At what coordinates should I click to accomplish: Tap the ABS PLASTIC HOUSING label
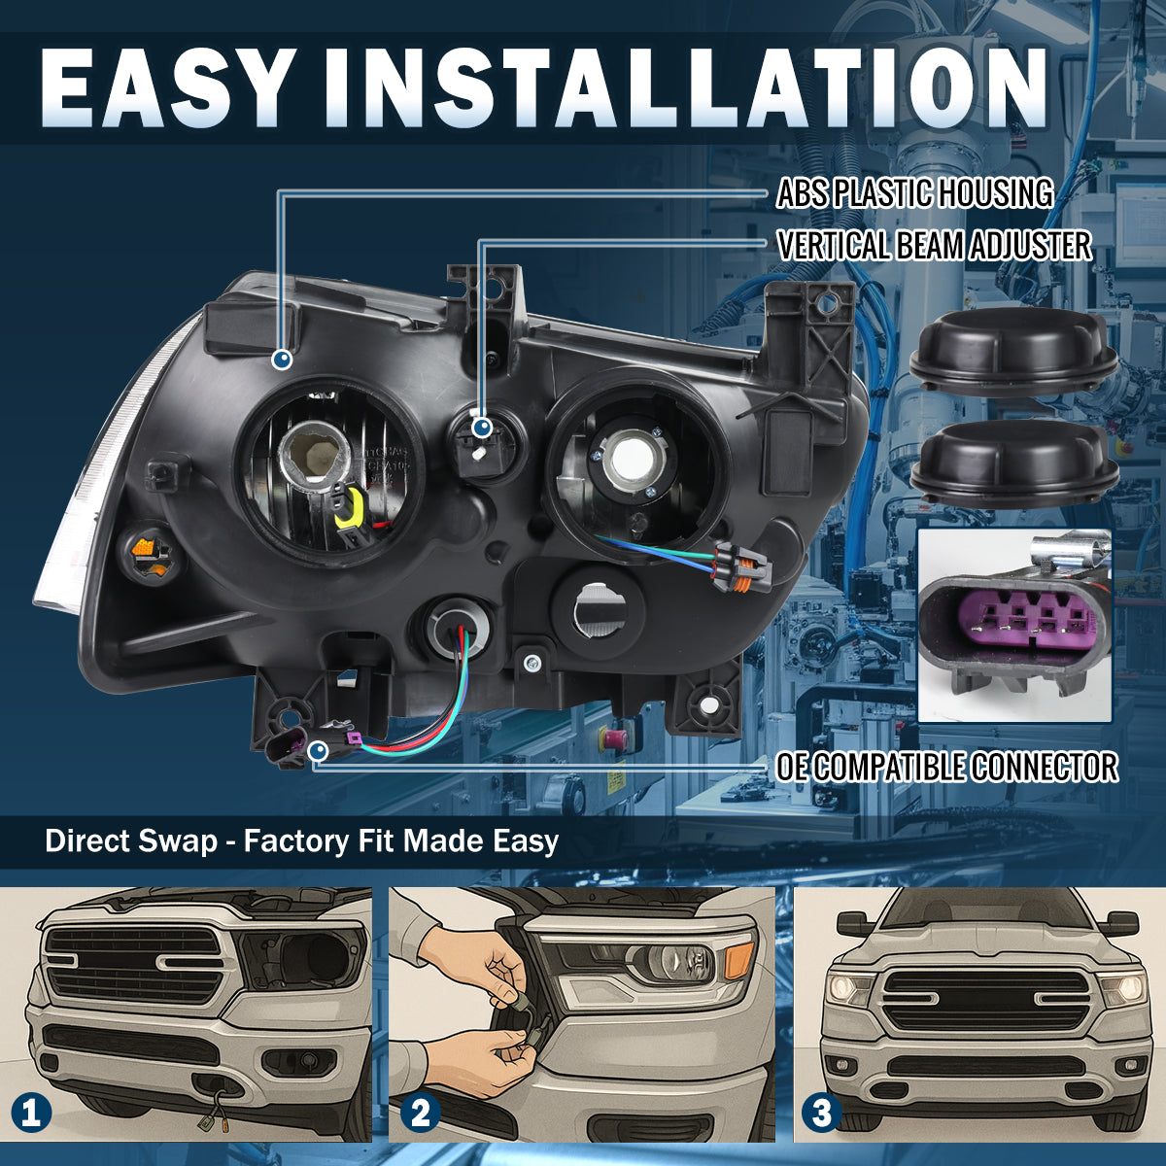pos(914,193)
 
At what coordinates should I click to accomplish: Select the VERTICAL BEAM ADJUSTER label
pos(934,245)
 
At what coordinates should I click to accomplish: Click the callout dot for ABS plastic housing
pos(282,360)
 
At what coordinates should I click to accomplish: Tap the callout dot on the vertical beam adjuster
pos(482,429)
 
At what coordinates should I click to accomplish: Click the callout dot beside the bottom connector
pos(319,751)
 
